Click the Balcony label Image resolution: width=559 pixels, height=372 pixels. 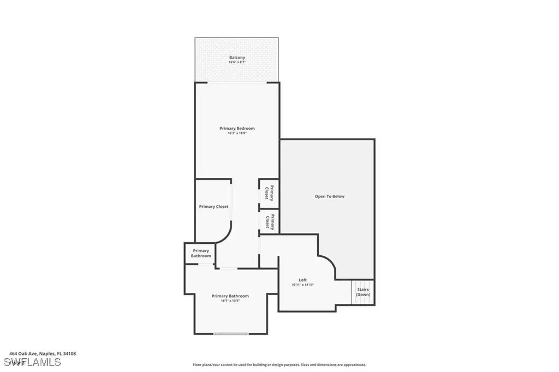[x=237, y=57]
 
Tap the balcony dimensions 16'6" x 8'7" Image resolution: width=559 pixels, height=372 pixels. [x=237, y=63]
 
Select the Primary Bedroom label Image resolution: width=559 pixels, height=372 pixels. [x=237, y=128]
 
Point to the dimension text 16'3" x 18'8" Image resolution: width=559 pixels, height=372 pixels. [x=237, y=134]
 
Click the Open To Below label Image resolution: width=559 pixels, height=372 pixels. [x=329, y=196]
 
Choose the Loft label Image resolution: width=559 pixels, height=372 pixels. [x=302, y=280]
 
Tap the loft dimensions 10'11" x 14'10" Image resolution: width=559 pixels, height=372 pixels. [x=302, y=285]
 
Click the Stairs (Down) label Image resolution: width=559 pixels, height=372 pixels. [x=363, y=292]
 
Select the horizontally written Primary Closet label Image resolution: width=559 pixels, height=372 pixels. [x=213, y=207]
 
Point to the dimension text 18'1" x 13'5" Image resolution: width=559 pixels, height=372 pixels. [x=230, y=301]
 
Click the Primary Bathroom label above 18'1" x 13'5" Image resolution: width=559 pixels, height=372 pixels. [x=230, y=296]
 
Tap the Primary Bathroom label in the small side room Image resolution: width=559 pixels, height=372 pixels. [x=200, y=253]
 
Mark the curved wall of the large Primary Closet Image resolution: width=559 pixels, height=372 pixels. [x=225, y=235]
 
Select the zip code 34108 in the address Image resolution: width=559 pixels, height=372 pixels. [x=69, y=353]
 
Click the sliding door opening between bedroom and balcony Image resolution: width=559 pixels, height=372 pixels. [x=237, y=82]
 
